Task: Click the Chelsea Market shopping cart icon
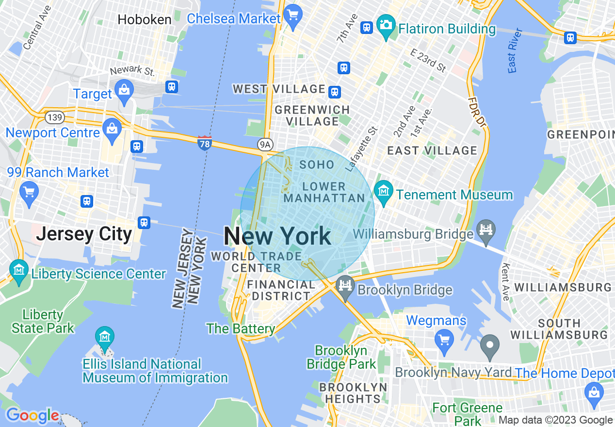point(292,15)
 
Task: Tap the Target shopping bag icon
point(125,90)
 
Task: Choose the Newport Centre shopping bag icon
point(113,130)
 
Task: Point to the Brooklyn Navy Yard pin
point(490,346)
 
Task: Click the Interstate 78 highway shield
point(205,143)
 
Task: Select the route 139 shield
point(54,117)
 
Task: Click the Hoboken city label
point(145,20)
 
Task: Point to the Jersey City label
point(84,234)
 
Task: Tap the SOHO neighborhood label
point(317,165)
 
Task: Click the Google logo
point(32,416)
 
